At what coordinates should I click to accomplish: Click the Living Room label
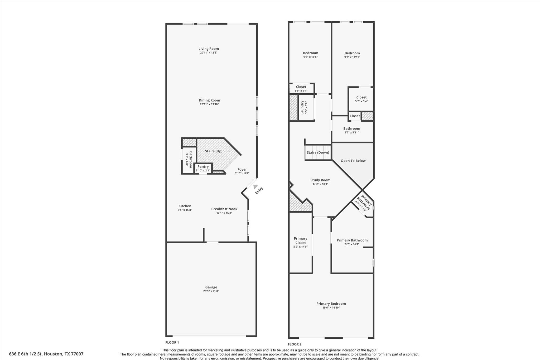tap(209, 49)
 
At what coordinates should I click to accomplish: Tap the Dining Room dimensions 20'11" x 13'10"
tap(209, 104)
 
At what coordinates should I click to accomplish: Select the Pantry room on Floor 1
tap(203, 168)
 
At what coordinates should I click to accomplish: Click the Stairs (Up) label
tap(214, 151)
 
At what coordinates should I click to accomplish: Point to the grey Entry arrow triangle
tap(255, 187)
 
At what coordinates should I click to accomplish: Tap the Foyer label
tap(242, 170)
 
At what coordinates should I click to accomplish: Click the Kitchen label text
tap(185, 206)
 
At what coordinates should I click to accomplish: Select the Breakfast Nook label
tap(224, 209)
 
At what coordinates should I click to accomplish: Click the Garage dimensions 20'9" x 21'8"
tap(211, 291)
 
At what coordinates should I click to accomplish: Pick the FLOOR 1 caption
tap(172, 342)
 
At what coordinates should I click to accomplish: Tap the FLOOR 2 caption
tap(295, 344)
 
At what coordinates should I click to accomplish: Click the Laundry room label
tap(302, 107)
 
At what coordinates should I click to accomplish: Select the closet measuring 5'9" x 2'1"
tap(301, 89)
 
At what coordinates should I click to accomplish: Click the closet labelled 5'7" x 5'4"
tap(361, 99)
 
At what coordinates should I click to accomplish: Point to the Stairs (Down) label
tap(318, 152)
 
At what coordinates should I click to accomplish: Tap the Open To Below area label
tap(353, 161)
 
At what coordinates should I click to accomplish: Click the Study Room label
tap(320, 180)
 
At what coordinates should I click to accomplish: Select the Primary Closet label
tap(300, 241)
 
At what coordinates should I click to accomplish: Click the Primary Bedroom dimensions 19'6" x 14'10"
tap(331, 308)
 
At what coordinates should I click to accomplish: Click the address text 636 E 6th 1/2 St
tap(46, 354)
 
